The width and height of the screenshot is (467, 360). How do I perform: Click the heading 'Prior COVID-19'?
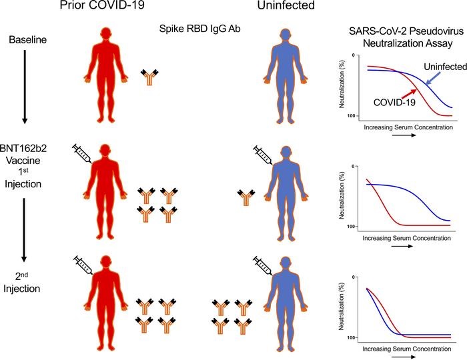[x=118, y=9]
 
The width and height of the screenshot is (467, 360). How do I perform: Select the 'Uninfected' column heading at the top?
[x=289, y=9]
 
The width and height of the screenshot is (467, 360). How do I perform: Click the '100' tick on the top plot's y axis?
[x=353, y=116]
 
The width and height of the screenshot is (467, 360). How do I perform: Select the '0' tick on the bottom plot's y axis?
[x=354, y=277]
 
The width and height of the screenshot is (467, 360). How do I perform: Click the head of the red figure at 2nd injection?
[x=107, y=262]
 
